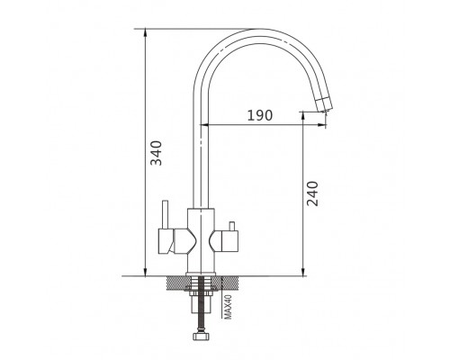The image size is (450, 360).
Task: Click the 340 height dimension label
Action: click(x=156, y=153)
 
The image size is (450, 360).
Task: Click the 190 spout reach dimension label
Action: click(x=260, y=115)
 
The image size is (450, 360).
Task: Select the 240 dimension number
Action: click(x=312, y=193)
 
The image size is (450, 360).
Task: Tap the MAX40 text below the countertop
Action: click(x=229, y=307)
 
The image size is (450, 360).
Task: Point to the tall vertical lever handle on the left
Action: click(x=165, y=214)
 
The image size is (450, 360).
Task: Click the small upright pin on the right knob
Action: click(x=231, y=227)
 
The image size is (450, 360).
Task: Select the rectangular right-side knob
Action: click(x=229, y=241)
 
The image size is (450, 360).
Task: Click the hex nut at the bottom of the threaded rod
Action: click(x=200, y=336)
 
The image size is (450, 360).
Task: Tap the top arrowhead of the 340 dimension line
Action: click(x=145, y=31)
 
